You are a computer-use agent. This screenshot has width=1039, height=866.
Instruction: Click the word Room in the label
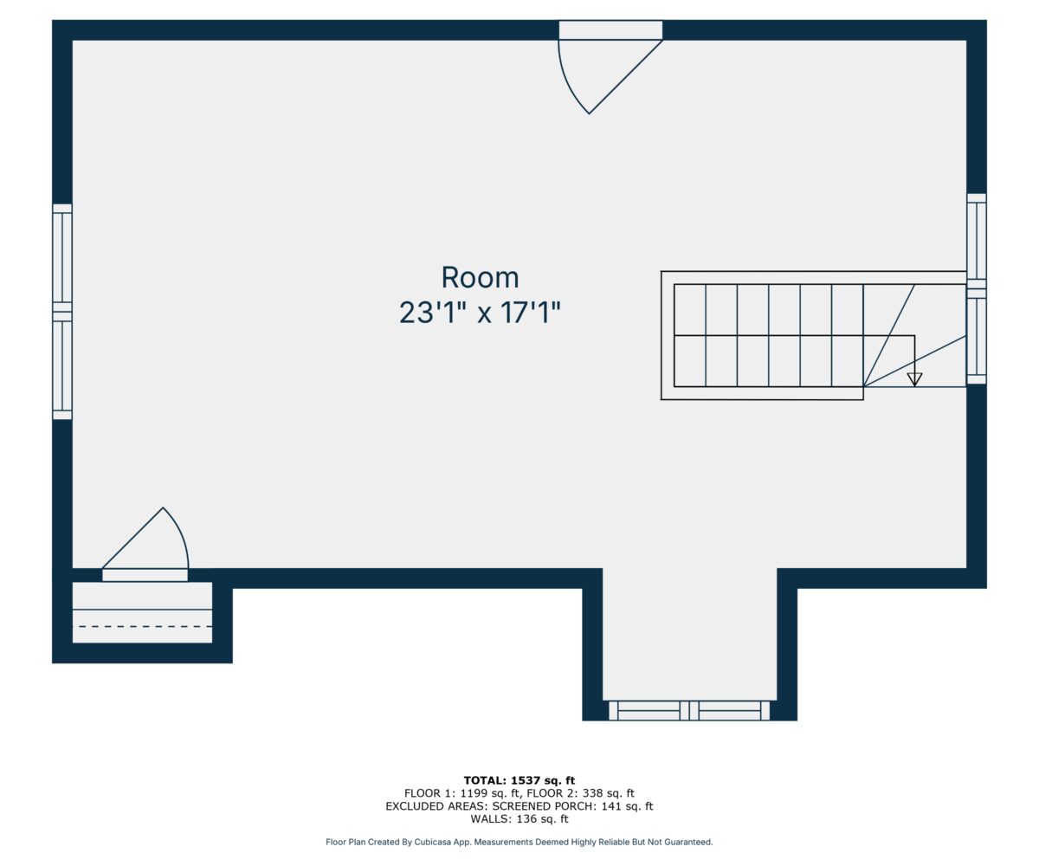(x=480, y=277)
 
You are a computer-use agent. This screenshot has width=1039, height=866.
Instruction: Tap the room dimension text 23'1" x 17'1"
(x=480, y=313)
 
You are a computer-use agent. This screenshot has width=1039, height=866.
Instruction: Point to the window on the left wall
(x=62, y=312)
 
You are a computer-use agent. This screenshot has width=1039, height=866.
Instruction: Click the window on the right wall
(x=977, y=288)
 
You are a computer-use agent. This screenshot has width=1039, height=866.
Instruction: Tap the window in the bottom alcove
(x=689, y=711)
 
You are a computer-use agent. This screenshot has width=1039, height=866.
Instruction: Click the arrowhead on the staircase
(x=914, y=379)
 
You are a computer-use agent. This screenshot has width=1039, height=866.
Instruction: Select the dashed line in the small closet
(x=145, y=626)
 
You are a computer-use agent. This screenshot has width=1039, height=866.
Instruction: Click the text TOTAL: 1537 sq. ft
(x=519, y=780)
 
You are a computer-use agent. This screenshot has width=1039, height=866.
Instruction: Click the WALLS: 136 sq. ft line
(x=519, y=819)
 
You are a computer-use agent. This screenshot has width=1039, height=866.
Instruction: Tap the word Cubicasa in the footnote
(x=432, y=842)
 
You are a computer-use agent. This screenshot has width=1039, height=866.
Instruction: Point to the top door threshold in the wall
(x=610, y=29)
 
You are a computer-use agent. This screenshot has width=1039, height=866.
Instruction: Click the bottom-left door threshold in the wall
(x=145, y=575)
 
